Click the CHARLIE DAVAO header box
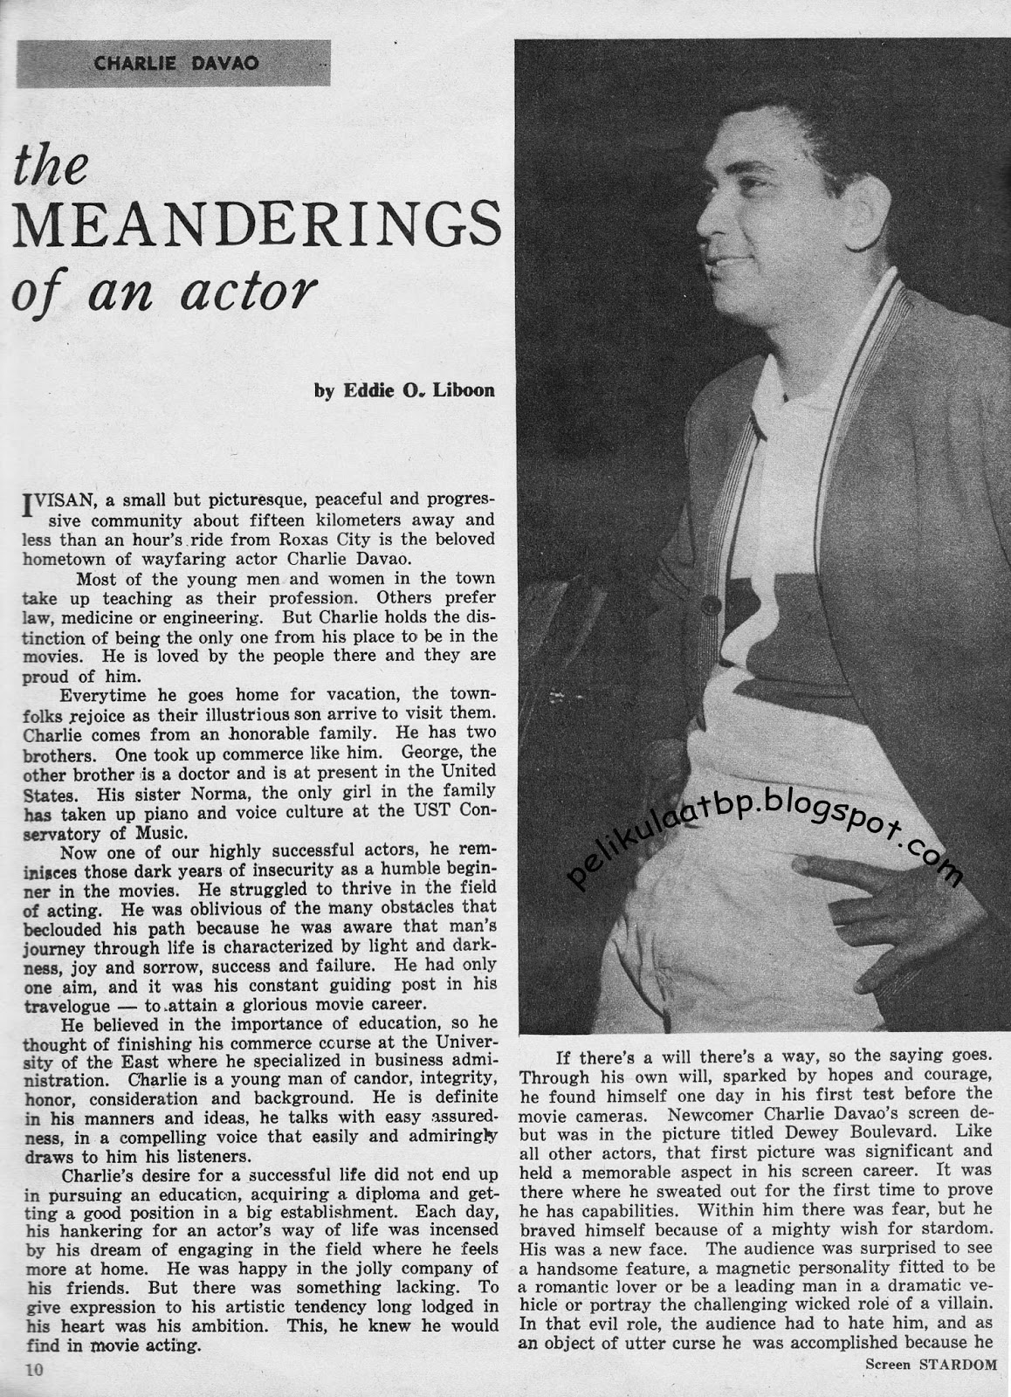click(174, 64)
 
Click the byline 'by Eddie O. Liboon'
click(404, 390)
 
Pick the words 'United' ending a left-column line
click(467, 772)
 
